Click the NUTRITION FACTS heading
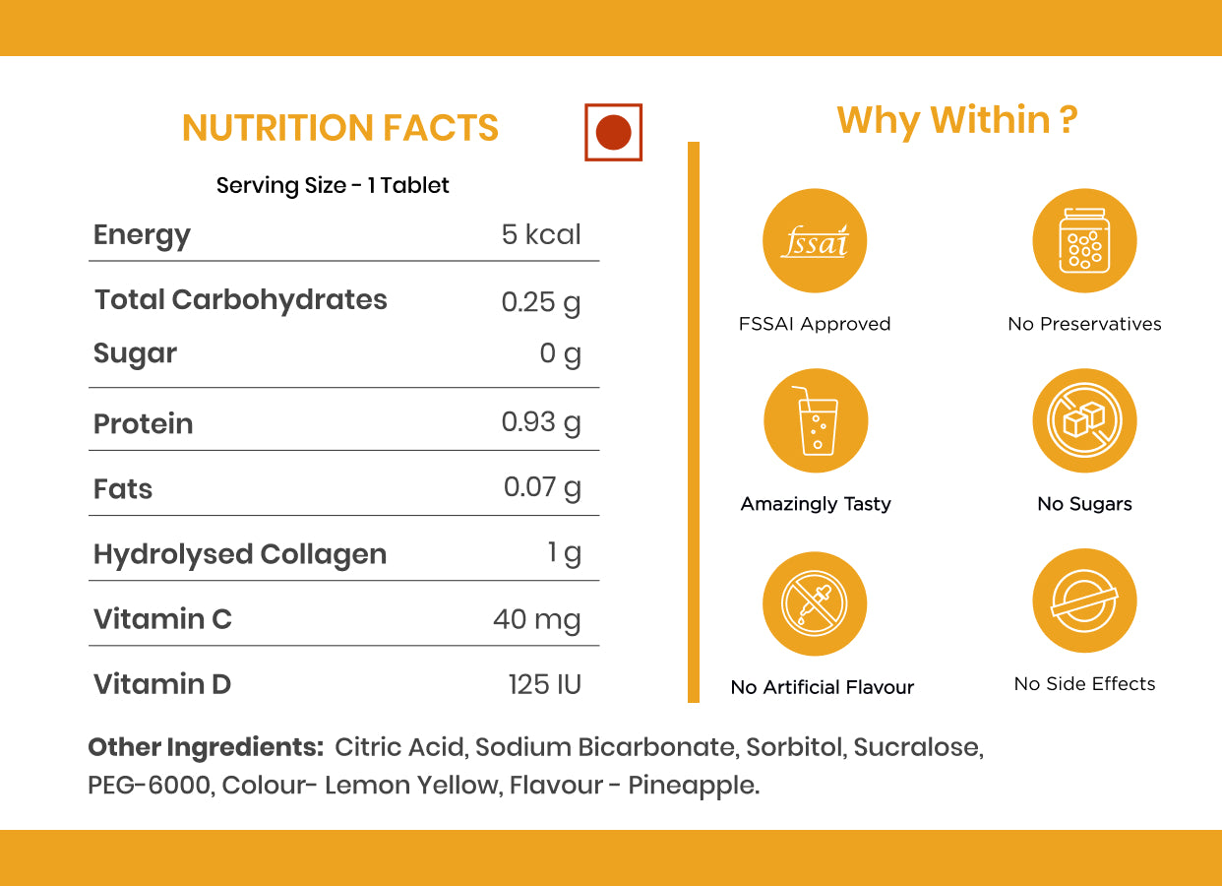[340, 129]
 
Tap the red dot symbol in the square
[613, 132]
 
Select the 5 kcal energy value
[541, 234]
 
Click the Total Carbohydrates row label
[241, 300]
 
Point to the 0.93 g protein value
[541, 422]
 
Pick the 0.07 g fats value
[542, 487]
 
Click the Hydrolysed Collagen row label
[240, 554]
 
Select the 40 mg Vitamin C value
[537, 619]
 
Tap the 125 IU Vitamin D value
[545, 684]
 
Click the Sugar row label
[135, 354]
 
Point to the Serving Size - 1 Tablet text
[333, 185]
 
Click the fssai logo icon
[815, 241]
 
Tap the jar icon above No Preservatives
[1084, 241]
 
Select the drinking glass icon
[816, 421]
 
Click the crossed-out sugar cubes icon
[1084, 421]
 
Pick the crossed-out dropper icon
[815, 604]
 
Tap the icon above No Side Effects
[1084, 601]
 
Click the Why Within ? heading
[957, 120]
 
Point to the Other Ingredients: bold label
[206, 747]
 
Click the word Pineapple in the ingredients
[693, 787]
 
